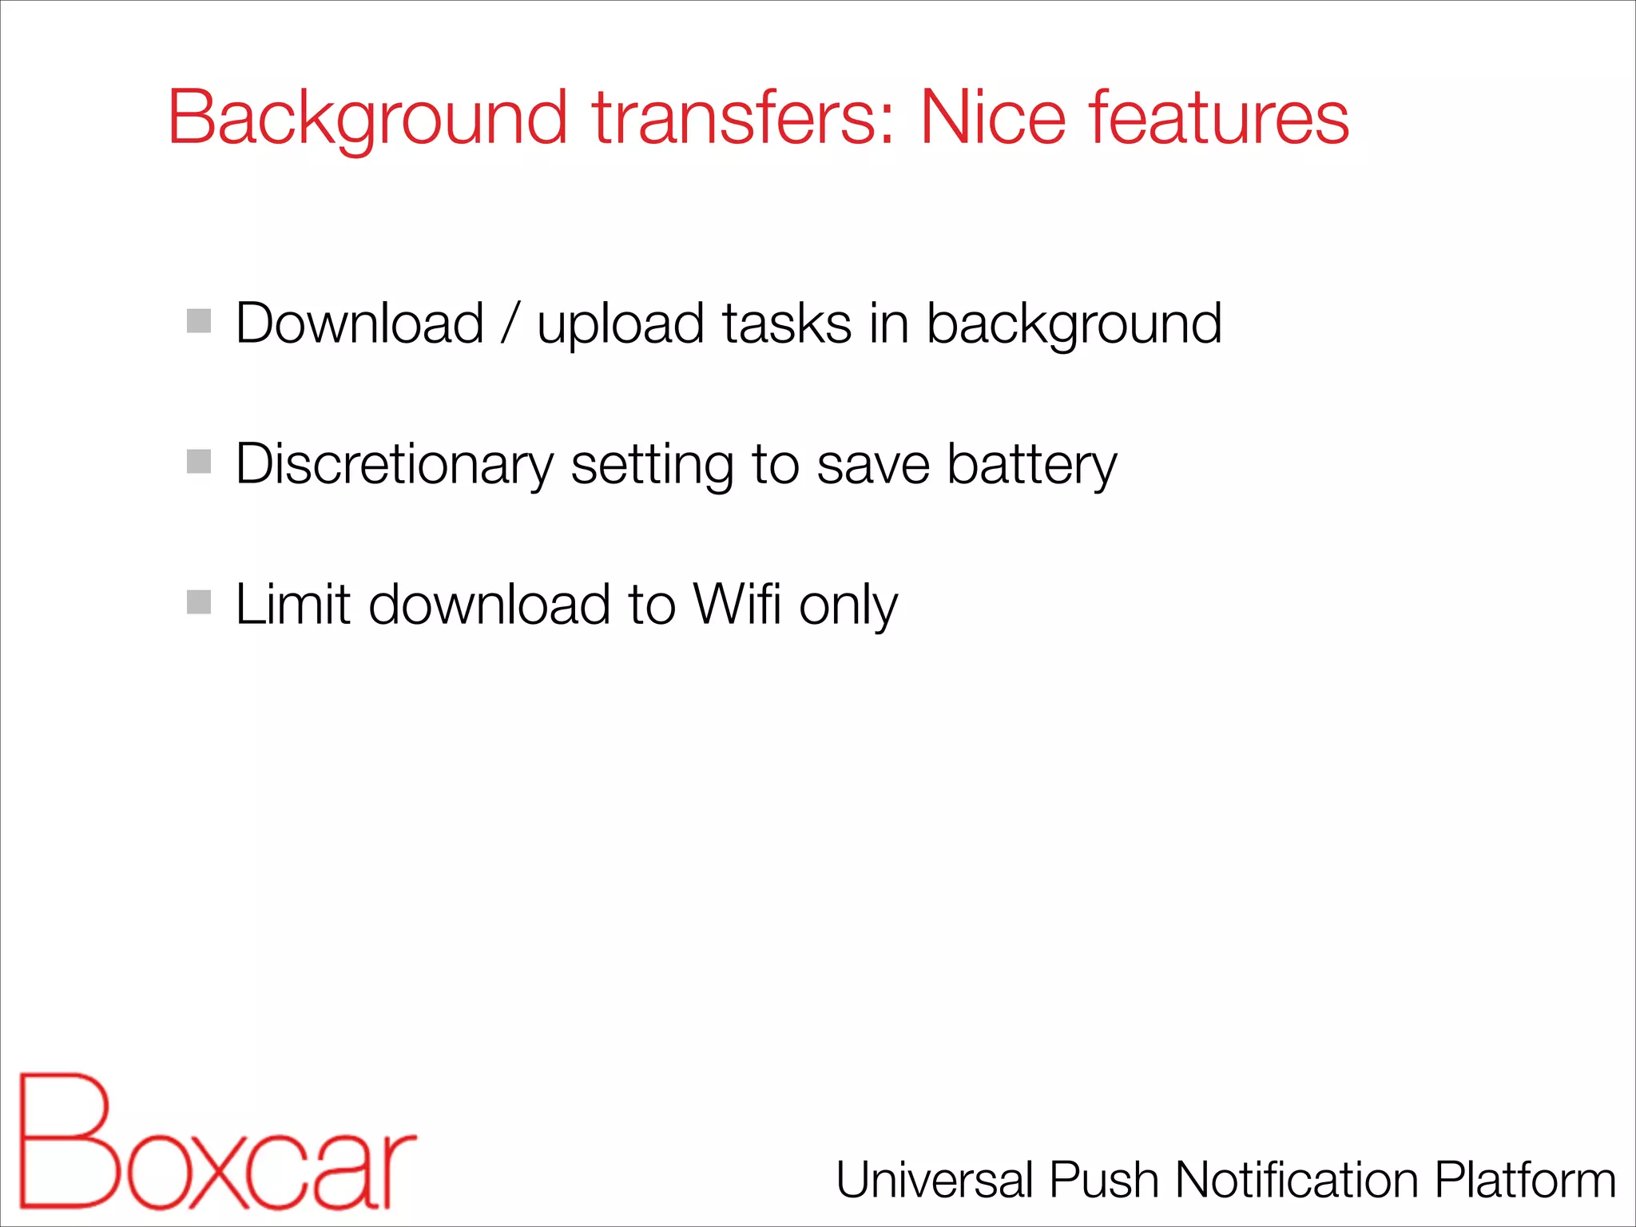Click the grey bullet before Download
(x=199, y=321)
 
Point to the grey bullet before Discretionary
(x=199, y=462)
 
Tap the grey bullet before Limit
(x=199, y=602)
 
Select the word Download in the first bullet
(x=360, y=324)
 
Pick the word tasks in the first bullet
(x=787, y=324)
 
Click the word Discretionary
(x=395, y=465)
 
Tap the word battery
(x=1031, y=465)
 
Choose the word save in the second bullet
(x=873, y=465)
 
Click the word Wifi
(x=737, y=604)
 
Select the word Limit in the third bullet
(x=293, y=604)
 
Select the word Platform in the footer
(x=1525, y=1181)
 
